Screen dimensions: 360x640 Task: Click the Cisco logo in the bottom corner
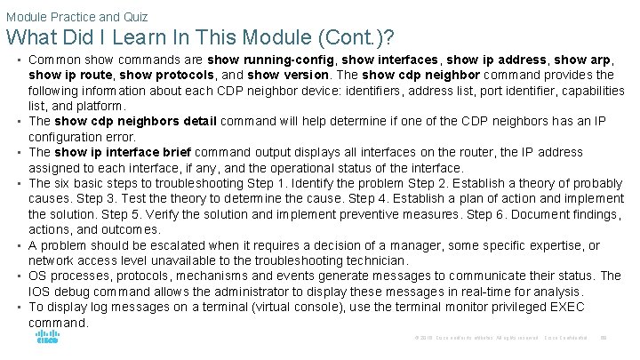47,338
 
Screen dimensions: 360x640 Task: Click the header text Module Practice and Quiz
76,16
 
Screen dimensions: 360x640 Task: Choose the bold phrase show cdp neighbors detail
137,121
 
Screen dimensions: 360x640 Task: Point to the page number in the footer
604,338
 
